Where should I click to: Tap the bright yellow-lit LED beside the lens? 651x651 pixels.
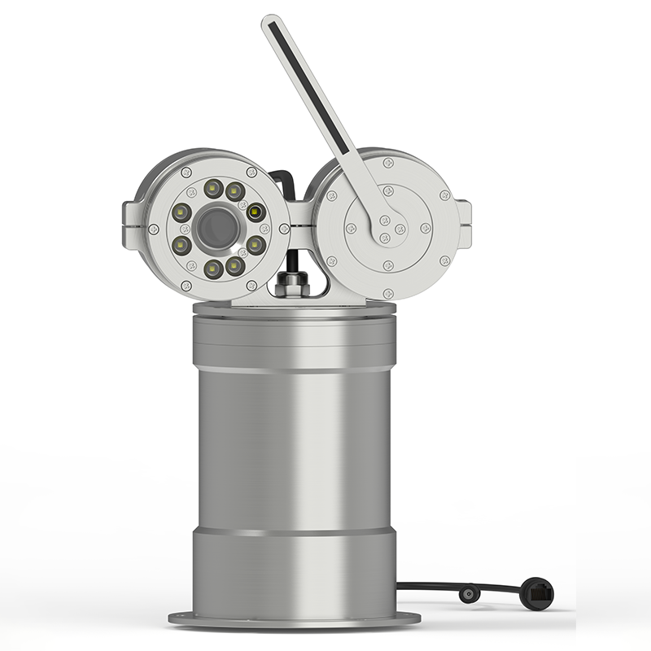(x=256, y=213)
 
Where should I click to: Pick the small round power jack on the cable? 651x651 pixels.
(x=470, y=595)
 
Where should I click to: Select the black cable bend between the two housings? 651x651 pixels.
(x=281, y=178)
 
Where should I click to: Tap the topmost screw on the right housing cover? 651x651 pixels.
(x=388, y=164)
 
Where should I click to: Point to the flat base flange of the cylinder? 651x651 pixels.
(x=294, y=619)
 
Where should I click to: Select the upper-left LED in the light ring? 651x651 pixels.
(x=214, y=190)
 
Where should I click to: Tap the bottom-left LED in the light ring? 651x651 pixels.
(x=214, y=266)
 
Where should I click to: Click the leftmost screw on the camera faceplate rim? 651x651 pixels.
(x=153, y=229)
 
